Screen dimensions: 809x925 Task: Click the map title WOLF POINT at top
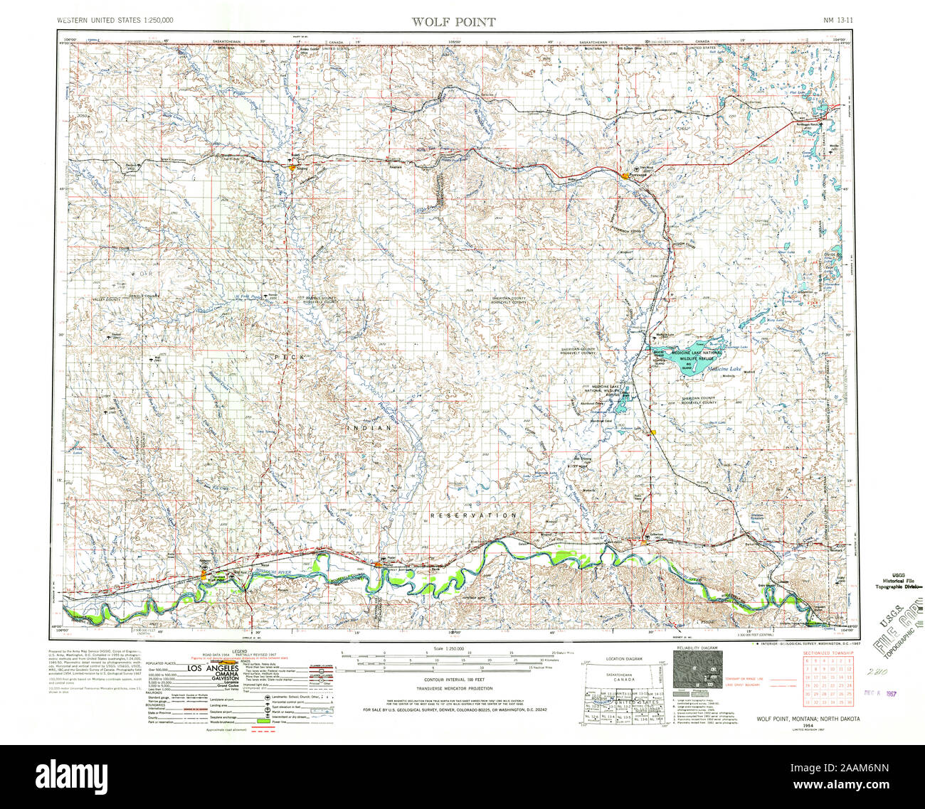point(453,21)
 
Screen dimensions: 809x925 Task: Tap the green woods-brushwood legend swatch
point(265,722)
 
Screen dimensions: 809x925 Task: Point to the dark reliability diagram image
point(695,670)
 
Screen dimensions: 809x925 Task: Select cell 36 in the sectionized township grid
point(847,702)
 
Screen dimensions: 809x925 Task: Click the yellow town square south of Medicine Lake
point(652,432)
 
